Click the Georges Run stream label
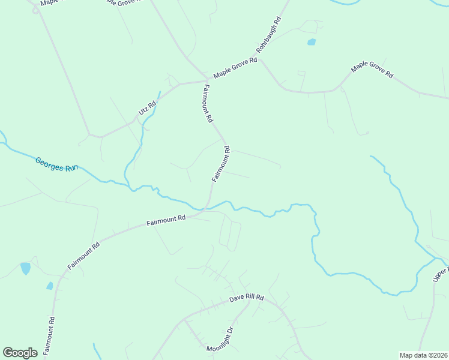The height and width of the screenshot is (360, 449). point(56,164)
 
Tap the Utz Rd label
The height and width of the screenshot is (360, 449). point(147,107)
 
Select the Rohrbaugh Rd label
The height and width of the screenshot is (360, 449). point(268,37)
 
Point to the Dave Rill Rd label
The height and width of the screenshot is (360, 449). point(247,298)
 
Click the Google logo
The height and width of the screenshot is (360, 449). point(20,353)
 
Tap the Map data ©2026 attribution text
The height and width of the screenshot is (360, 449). point(423,355)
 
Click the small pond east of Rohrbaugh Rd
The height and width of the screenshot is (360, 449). point(311,42)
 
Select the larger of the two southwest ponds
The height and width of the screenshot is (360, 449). point(25,268)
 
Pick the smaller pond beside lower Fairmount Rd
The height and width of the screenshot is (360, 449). point(50,286)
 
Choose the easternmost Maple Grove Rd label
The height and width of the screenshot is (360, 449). point(372,70)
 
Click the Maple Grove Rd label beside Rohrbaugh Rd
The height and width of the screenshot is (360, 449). point(235,67)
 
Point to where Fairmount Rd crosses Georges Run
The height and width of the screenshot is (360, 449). point(208,208)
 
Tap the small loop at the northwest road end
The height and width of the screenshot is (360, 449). point(37,10)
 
